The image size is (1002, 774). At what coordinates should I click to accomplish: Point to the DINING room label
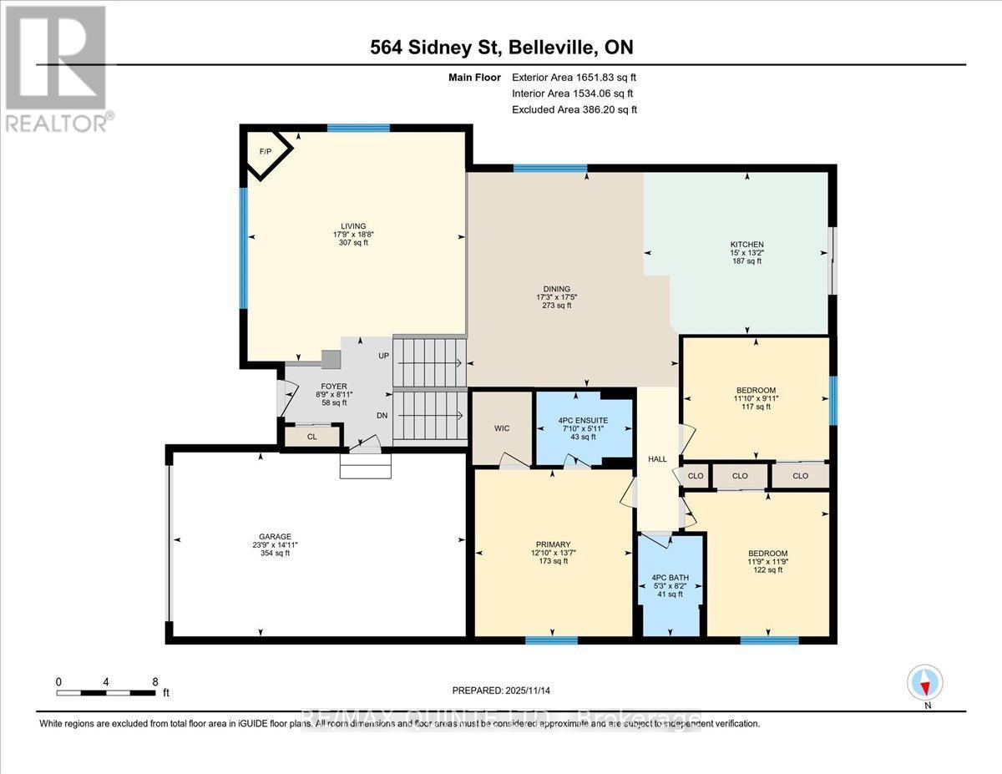click(x=554, y=289)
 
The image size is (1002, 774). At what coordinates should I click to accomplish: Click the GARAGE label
click(x=275, y=537)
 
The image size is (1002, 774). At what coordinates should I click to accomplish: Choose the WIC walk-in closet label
click(x=502, y=428)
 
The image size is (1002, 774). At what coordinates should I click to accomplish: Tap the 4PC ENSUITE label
click(x=583, y=420)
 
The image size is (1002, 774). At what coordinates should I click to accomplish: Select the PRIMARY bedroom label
click(x=553, y=544)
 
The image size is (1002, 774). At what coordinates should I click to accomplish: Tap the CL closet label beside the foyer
click(x=311, y=437)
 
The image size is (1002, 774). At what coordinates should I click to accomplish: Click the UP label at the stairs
click(x=384, y=356)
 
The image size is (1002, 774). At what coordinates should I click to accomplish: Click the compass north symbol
click(x=925, y=684)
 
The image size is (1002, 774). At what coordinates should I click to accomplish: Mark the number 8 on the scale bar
click(x=155, y=682)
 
